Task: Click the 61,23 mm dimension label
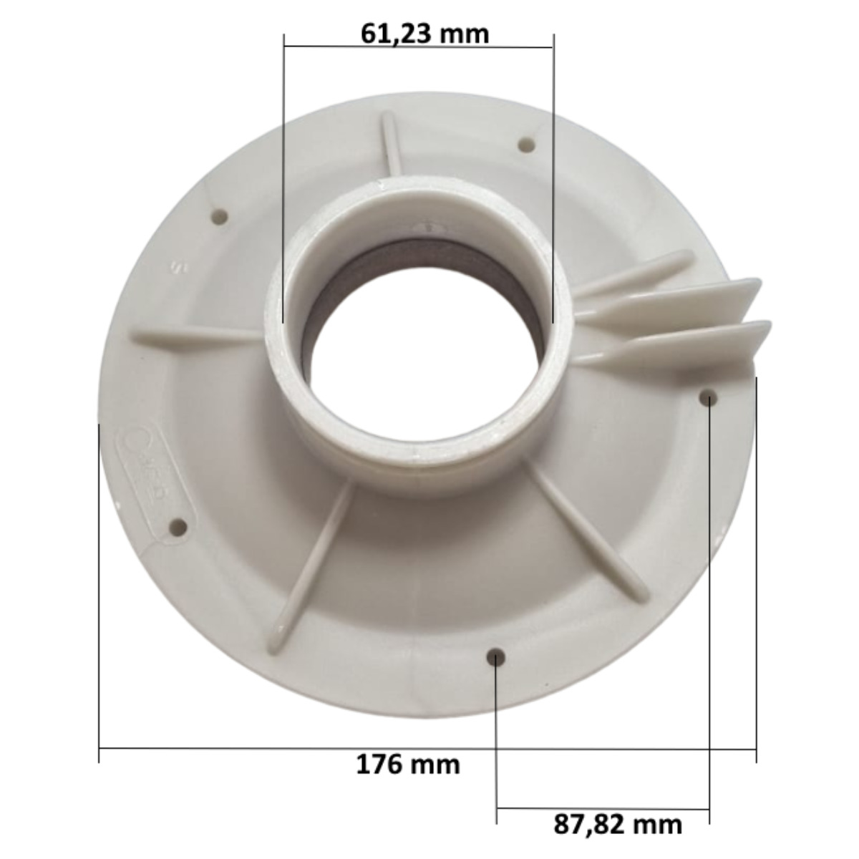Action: coord(424,33)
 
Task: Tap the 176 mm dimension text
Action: coord(408,765)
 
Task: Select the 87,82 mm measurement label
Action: coord(617,824)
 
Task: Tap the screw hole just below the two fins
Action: coord(708,397)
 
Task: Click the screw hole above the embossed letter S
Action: coord(219,215)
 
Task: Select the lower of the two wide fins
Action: coord(680,344)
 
